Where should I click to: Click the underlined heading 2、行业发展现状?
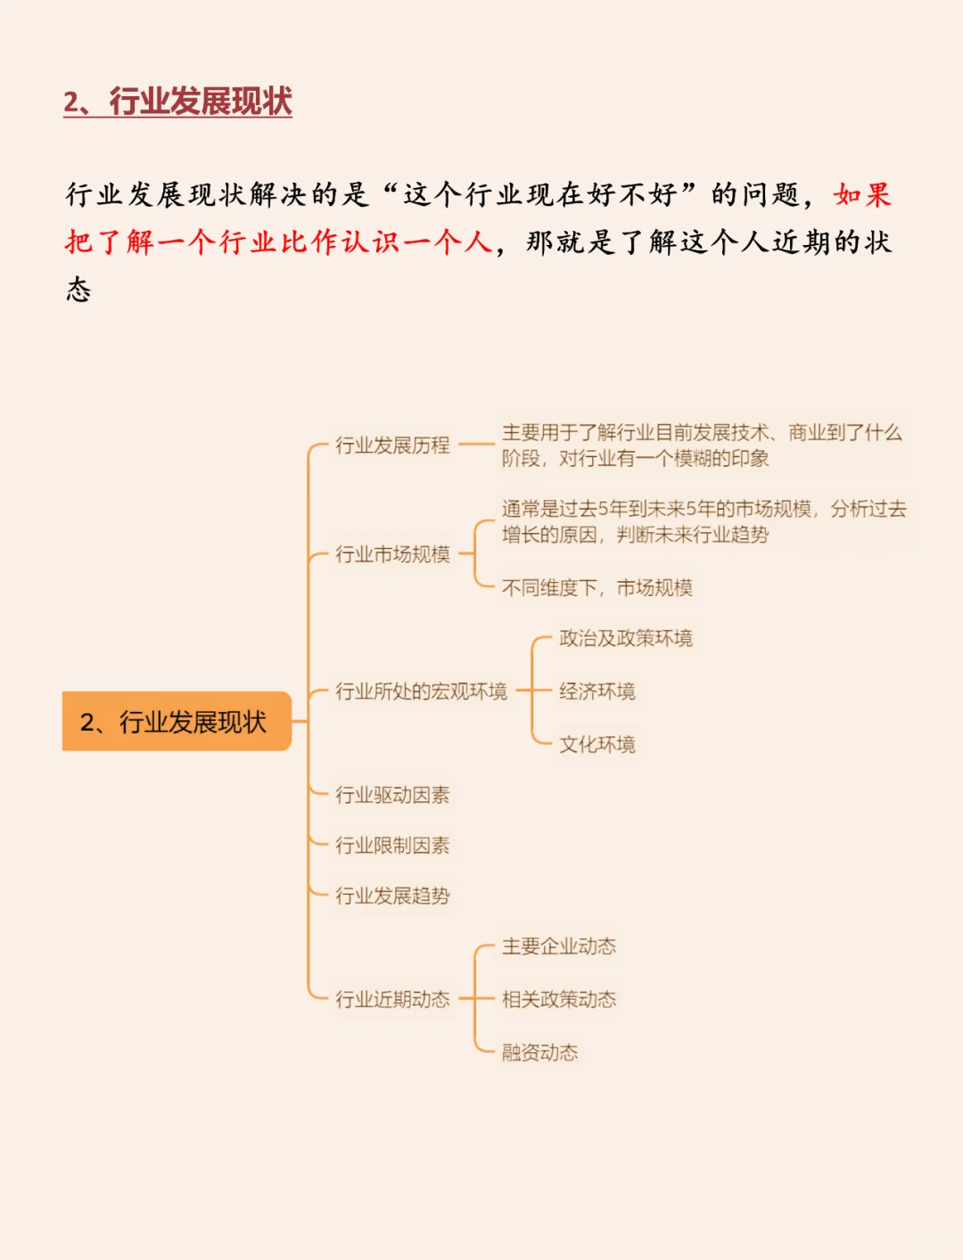pyautogui.click(x=177, y=102)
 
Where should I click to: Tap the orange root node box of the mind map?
pyautogui.click(x=177, y=721)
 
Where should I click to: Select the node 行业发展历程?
pyautogui.click(x=392, y=445)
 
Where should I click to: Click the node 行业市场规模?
pyautogui.click(x=392, y=554)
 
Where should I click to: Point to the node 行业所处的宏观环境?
pyautogui.click(x=421, y=691)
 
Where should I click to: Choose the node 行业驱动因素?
pyautogui.click(x=392, y=794)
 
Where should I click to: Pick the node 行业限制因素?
pyautogui.click(x=392, y=845)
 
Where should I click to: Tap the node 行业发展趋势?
pyautogui.click(x=392, y=896)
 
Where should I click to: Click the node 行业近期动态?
pyautogui.click(x=392, y=999)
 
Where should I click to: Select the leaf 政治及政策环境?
pyautogui.click(x=625, y=638)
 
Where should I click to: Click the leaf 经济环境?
pyautogui.click(x=597, y=691)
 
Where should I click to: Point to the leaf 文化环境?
pyautogui.click(x=597, y=744)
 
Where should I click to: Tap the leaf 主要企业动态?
pyautogui.click(x=559, y=946)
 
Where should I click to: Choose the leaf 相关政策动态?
pyautogui.click(x=559, y=999)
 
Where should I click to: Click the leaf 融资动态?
pyautogui.click(x=539, y=1052)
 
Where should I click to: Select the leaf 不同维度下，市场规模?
pyautogui.click(x=597, y=587)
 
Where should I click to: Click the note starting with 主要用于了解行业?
pyautogui.click(x=702, y=445)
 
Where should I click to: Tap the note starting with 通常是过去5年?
pyautogui.click(x=704, y=521)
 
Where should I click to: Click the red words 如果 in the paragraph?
pyautogui.click(x=862, y=194)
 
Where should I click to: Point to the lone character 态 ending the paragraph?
pyautogui.click(x=78, y=289)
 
